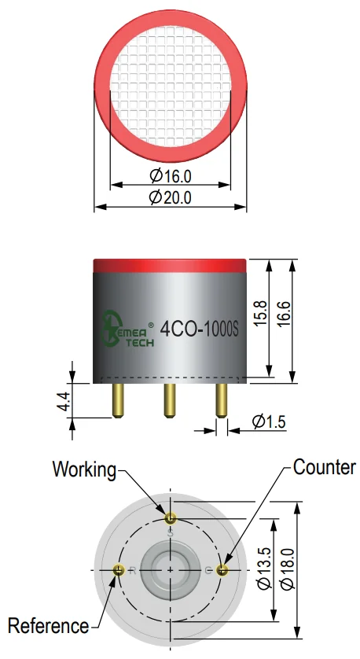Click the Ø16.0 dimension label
pos(171,176)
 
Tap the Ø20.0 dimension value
pos(171,197)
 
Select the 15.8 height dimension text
pos(260,313)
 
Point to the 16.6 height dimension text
pos(284,313)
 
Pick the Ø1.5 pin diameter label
pos(269,422)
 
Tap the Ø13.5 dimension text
pos(265,569)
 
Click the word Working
pos(84,469)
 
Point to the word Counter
pos(325,467)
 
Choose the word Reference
pos(48,626)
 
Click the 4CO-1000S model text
pos(200,329)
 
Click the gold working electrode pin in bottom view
pos(170,518)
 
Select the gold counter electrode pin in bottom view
pos(222,570)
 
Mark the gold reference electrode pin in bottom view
pos(119,570)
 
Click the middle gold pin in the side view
pos(170,400)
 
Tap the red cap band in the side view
pos(170,266)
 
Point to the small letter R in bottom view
pos(133,571)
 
